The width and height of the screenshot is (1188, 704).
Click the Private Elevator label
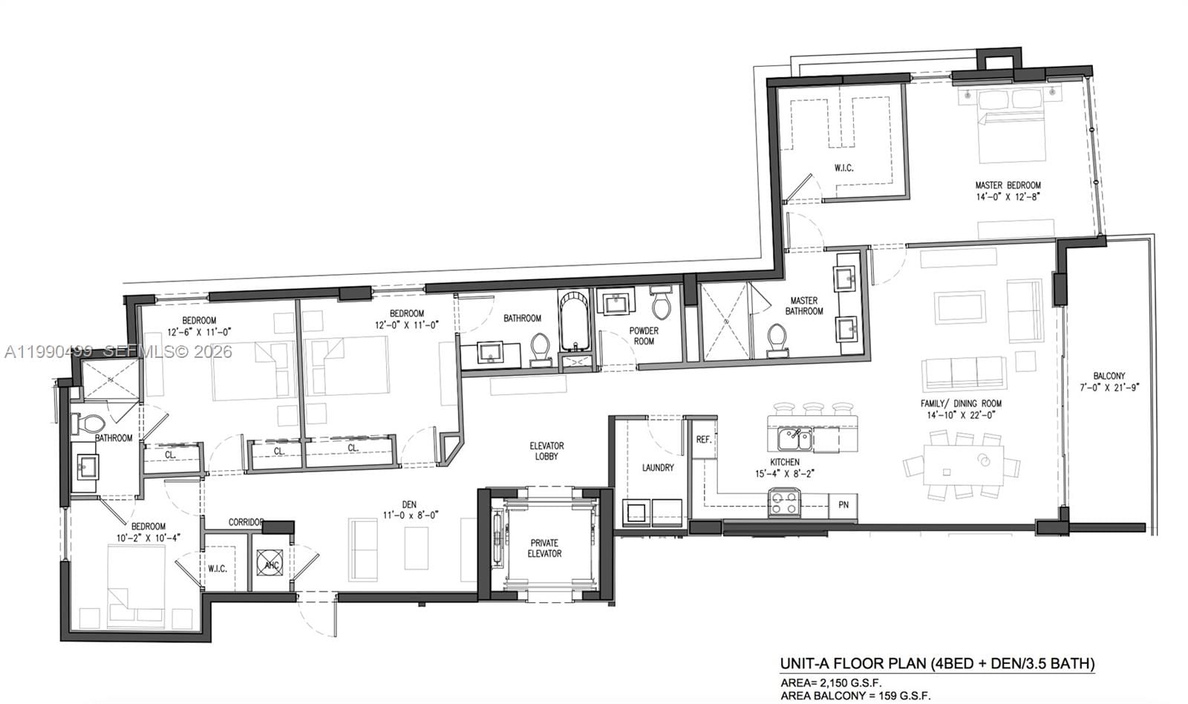[544, 548]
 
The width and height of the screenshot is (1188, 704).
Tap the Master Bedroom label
[1008, 191]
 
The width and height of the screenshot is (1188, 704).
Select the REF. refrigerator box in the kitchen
[703, 440]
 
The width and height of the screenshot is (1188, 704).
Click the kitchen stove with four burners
[784, 503]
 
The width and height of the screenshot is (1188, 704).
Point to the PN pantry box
[843, 505]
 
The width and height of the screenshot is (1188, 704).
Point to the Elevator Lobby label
[546, 451]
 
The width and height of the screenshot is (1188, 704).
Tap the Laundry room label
[658, 467]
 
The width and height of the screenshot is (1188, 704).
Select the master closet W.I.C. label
[843, 168]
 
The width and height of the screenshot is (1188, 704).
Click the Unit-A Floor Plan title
[937, 663]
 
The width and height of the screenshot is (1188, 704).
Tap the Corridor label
[246, 522]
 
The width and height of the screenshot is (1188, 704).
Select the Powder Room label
[644, 336]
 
